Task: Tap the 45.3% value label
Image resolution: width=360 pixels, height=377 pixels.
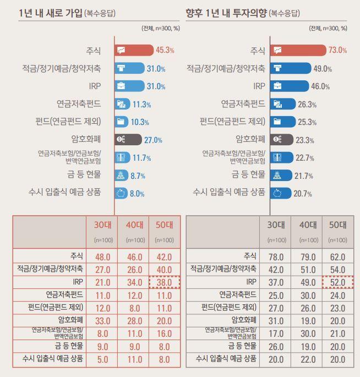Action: (165, 50)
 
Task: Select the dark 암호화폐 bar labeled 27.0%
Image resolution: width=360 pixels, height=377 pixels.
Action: (128, 140)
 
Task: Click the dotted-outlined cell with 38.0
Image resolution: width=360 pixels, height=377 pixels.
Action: (164, 282)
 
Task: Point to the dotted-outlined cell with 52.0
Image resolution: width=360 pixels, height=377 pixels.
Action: (337, 282)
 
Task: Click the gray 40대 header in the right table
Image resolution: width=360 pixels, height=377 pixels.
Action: (308, 225)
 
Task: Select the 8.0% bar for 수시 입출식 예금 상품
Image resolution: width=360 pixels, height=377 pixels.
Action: (121, 193)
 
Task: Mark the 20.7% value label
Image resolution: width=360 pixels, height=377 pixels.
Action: (303, 193)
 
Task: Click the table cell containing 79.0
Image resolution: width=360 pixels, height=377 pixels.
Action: (308, 257)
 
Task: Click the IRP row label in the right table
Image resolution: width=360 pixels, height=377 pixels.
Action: (250, 282)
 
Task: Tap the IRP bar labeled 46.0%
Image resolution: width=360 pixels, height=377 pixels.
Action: (290, 86)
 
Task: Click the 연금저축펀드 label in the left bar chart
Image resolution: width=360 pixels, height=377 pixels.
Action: (79, 104)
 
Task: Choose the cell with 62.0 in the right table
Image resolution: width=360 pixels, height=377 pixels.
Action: (337, 257)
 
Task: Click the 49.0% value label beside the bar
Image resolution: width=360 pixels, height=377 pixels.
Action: (322, 69)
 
